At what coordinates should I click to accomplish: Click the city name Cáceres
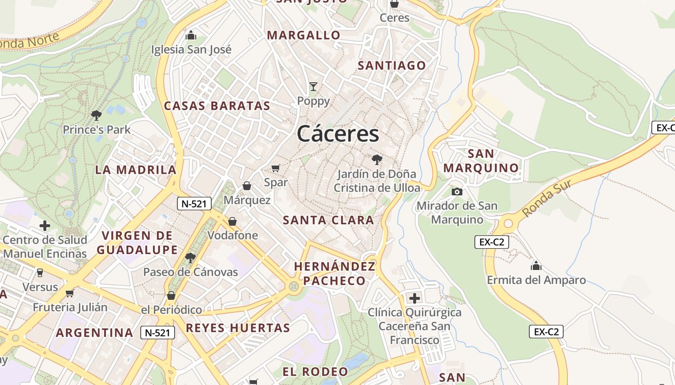338,133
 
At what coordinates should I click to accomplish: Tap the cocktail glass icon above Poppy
313,87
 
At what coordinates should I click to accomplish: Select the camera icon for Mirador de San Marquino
457,192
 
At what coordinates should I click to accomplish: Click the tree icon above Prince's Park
96,115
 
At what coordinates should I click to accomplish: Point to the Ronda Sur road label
547,198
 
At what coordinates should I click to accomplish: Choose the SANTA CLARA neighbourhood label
328,220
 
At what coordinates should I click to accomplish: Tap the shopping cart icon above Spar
276,168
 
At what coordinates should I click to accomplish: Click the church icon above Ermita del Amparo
536,266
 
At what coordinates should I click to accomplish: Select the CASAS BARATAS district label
217,106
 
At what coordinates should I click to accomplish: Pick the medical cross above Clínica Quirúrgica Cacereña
414,298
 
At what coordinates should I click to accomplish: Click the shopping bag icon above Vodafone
232,221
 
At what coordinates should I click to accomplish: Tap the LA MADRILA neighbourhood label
136,170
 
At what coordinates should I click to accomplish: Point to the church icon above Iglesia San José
191,35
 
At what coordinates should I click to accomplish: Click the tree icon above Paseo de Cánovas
190,257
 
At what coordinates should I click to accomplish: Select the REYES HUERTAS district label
238,328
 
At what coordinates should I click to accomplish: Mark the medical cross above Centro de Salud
45,225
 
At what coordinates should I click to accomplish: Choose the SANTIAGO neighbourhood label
392,65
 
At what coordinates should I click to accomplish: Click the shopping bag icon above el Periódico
171,295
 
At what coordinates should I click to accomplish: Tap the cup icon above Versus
40,272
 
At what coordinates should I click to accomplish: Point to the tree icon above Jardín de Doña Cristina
377,159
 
